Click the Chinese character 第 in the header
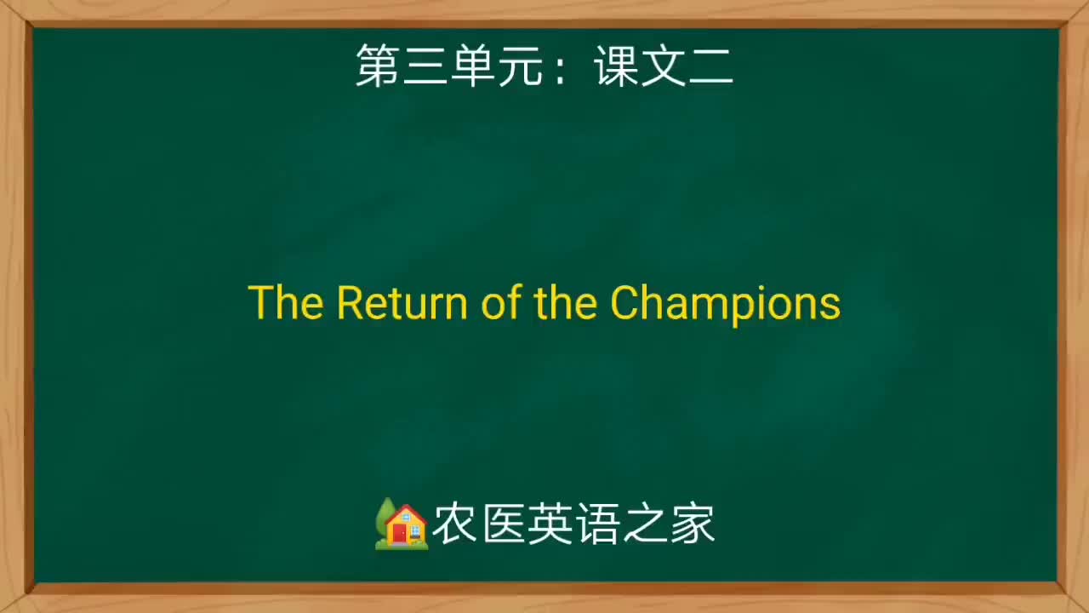point(379,66)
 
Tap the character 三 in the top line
point(426,66)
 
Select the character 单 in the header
point(474,66)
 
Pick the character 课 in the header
point(617,66)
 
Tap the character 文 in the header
point(664,66)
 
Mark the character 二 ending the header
point(711,66)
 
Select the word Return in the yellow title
point(402,303)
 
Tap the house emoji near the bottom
point(402,524)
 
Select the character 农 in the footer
point(454,524)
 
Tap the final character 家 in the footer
point(692,524)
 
